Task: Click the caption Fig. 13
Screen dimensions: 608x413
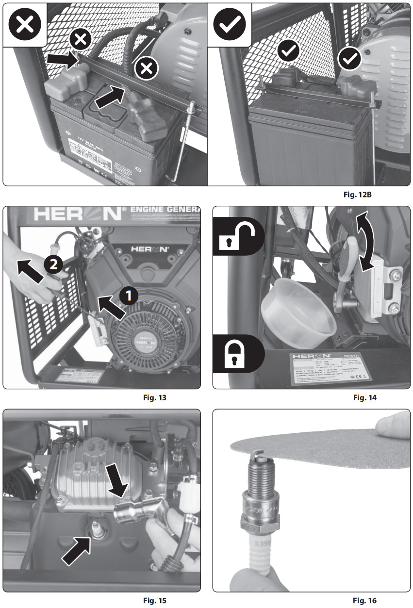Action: pyautogui.click(x=155, y=398)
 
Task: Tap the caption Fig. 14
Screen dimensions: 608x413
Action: pyautogui.click(x=365, y=398)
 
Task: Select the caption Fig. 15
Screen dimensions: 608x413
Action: pyautogui.click(x=155, y=600)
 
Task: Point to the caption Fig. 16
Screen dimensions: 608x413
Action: pyautogui.click(x=365, y=600)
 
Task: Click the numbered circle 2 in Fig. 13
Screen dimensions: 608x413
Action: pyautogui.click(x=53, y=264)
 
